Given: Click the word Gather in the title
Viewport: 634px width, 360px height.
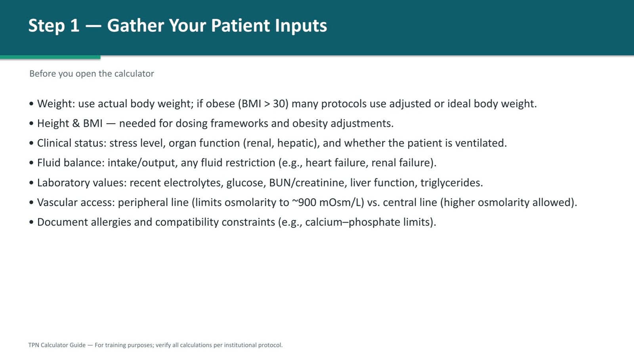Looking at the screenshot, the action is click(x=136, y=26).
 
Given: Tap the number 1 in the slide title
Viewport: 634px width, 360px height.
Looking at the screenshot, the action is click(x=74, y=26).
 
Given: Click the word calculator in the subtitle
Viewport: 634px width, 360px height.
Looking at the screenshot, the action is click(x=134, y=74).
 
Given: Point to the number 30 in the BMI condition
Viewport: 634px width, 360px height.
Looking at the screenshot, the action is click(x=279, y=104).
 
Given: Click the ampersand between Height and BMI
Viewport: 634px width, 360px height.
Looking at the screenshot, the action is click(x=76, y=124).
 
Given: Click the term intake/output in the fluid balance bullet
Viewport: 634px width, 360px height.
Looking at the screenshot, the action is click(x=141, y=163).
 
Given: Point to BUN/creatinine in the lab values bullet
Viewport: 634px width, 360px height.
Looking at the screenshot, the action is click(x=307, y=183).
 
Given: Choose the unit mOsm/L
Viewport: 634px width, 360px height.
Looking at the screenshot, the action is click(x=340, y=203).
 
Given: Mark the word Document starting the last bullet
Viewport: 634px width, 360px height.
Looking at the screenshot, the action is click(x=63, y=222).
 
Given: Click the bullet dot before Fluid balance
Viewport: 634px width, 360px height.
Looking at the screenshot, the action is click(x=31, y=163).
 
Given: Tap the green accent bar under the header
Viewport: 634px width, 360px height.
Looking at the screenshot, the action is click(x=50, y=57).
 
